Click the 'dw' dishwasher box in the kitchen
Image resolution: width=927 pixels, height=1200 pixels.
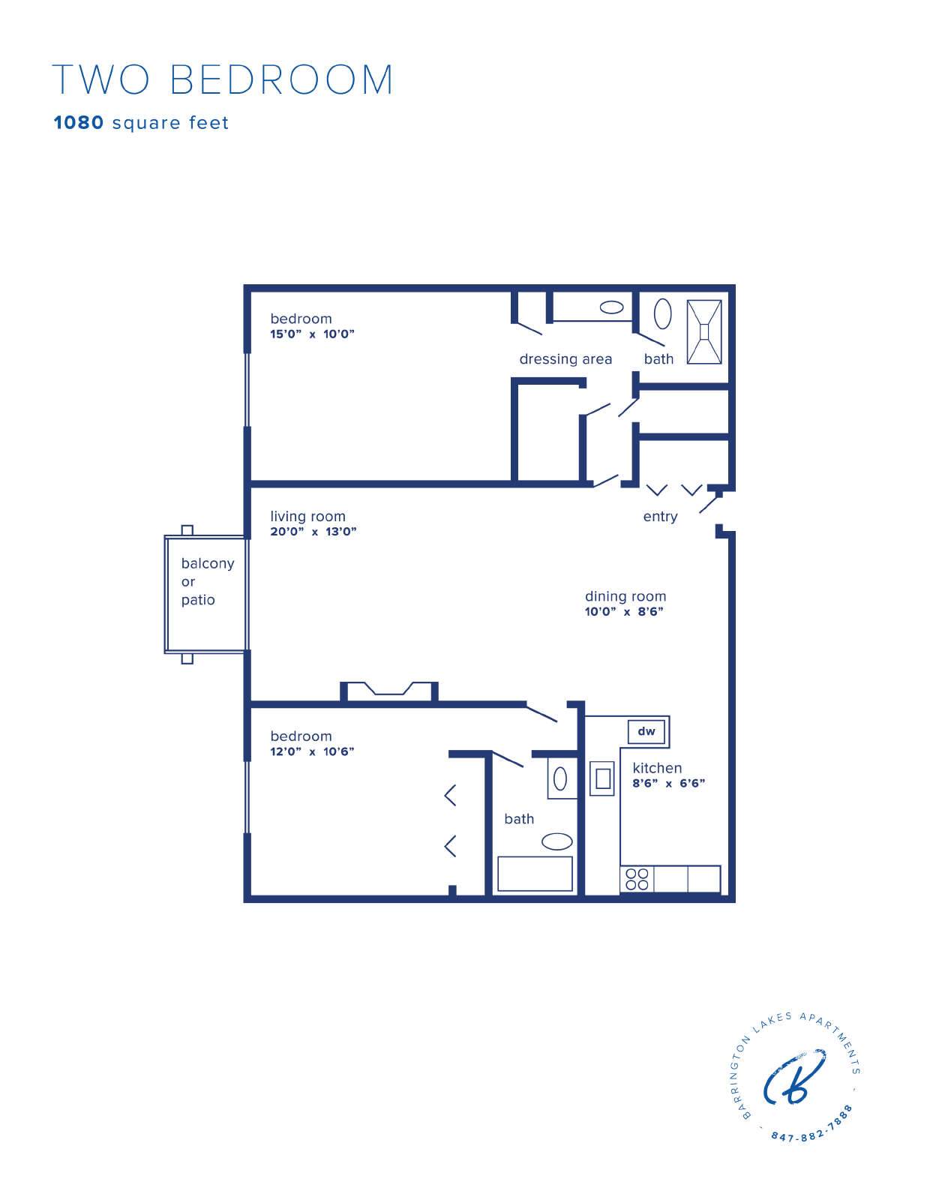point(646,732)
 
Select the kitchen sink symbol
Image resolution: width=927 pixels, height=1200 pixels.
point(601,778)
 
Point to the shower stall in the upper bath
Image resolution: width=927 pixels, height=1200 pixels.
point(704,332)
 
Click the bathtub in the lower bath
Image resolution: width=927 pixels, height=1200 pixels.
point(535,874)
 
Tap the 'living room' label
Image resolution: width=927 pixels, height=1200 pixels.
point(307,516)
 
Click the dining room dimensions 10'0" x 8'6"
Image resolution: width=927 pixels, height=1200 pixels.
point(624,611)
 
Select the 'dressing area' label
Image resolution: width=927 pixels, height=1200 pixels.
point(565,359)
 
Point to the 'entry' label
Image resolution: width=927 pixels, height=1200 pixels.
point(660,517)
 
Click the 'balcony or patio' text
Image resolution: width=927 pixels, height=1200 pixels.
point(208,581)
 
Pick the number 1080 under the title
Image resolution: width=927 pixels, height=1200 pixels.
point(79,122)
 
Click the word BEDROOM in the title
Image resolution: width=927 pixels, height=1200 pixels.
point(281,79)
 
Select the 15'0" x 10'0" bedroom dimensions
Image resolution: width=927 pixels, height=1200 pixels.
point(312,334)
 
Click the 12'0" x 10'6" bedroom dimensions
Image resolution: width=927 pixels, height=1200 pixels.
point(312,751)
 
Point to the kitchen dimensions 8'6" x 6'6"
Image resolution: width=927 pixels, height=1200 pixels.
point(668,783)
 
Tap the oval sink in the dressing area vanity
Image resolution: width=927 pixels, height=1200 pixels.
point(611,307)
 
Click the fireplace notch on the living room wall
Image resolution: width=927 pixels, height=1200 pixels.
point(389,691)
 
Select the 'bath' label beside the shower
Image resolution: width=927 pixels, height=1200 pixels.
point(658,359)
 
